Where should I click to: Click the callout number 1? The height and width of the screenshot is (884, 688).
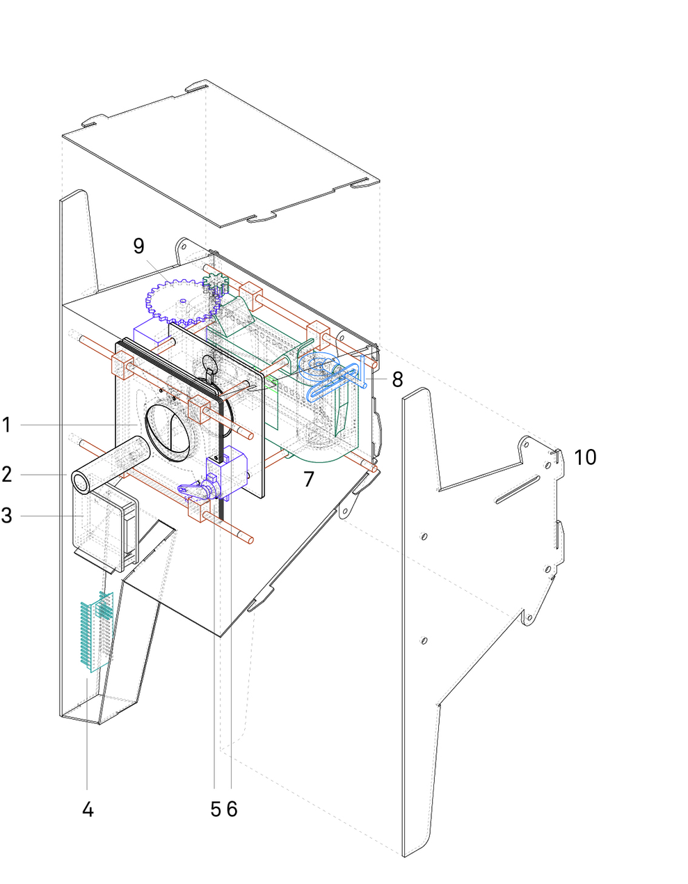7,424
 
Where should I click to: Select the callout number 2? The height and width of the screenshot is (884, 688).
7,475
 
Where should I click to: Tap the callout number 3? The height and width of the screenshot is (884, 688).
7,516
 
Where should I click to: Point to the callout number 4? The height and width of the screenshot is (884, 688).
88,809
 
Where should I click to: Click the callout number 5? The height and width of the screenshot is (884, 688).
216,809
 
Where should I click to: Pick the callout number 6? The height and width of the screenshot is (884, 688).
232,809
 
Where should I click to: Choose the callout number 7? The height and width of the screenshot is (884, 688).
309,479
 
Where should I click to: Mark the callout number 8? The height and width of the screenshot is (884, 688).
397,379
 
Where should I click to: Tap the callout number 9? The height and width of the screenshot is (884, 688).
139,245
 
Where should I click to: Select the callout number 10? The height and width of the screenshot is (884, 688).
585,457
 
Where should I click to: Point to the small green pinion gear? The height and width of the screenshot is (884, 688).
214,285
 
